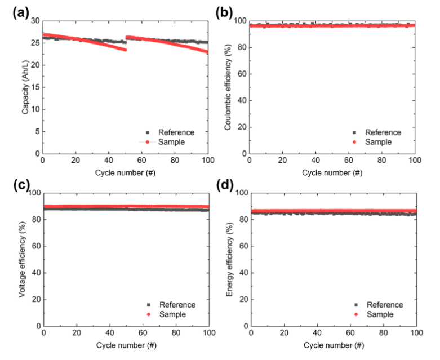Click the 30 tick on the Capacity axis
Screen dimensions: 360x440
35,21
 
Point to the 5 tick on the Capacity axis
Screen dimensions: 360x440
37,131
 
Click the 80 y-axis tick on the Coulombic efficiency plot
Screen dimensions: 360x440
242,47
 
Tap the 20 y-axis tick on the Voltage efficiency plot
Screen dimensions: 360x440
35,299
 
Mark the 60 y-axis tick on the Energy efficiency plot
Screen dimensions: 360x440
242,246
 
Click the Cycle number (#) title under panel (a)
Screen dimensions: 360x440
125,172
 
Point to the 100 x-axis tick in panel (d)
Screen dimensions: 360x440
416,333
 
